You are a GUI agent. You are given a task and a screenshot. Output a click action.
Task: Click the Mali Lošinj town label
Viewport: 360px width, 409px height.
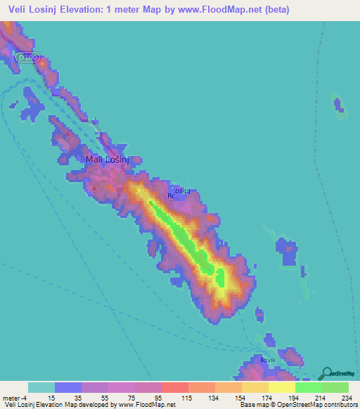click(107, 160)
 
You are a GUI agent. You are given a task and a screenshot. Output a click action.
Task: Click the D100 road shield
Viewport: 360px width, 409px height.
click(27, 56)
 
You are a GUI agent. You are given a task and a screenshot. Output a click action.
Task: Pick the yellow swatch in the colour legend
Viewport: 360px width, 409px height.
click(281, 387)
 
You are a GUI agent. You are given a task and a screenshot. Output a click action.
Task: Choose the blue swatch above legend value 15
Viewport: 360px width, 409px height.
click(68, 387)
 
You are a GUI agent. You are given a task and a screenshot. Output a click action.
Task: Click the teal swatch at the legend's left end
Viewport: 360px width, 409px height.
click(41, 387)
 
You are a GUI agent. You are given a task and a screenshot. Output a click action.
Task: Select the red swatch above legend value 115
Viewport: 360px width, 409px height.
click(175, 387)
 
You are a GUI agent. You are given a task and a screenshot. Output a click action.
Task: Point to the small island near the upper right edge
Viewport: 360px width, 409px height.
click(341, 106)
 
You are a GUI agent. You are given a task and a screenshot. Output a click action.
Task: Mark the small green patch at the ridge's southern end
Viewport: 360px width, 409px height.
click(220, 278)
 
